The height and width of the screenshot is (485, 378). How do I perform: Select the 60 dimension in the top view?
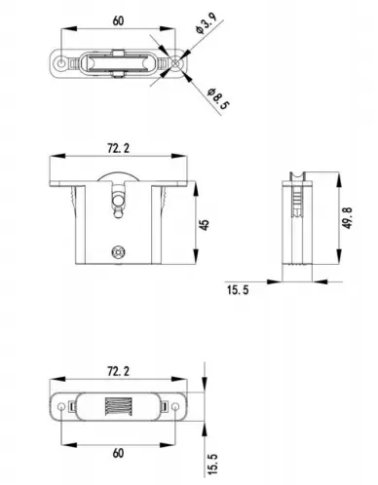click(116, 18)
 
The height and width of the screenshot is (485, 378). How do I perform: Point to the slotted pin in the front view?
click(118, 202)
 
